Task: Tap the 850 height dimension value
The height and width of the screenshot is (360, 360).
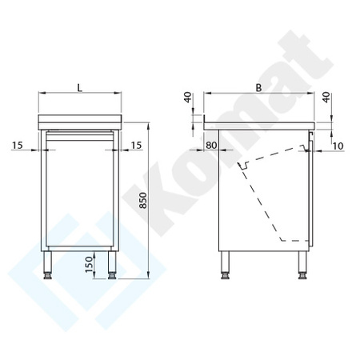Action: [x=143, y=203]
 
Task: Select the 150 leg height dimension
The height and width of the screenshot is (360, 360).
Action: [x=89, y=261]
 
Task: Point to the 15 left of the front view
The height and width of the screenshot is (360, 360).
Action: [x=18, y=145]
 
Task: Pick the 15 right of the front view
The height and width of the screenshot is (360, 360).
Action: [x=136, y=145]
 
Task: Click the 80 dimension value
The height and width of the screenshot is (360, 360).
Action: [x=211, y=145]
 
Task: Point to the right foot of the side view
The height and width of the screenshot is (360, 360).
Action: [x=304, y=274]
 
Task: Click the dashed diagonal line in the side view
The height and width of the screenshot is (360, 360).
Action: [x=262, y=200]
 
